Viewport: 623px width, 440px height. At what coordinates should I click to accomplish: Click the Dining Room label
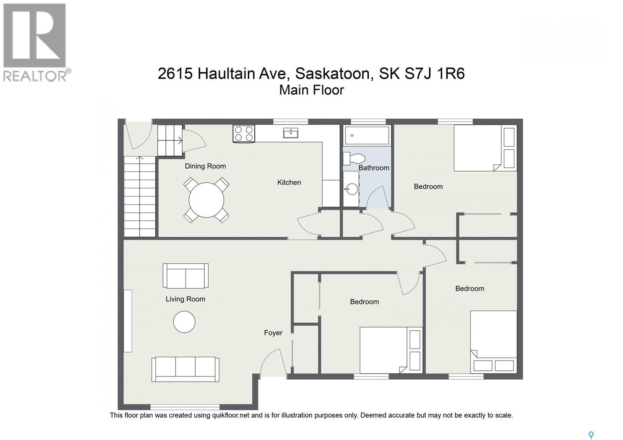(205, 166)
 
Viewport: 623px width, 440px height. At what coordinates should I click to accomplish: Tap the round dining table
(206, 200)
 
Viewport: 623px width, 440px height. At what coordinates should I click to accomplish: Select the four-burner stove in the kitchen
(244, 134)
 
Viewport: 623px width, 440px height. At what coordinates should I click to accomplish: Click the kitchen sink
(290, 133)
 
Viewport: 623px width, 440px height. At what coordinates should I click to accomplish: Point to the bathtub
(367, 136)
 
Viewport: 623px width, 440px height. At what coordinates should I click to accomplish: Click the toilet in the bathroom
(354, 158)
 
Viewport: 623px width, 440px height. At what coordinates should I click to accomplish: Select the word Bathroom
(373, 168)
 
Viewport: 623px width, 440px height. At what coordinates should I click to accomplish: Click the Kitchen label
(289, 183)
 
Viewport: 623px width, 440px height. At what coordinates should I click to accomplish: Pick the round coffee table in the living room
(184, 322)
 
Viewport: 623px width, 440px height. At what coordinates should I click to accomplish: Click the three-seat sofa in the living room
(185, 370)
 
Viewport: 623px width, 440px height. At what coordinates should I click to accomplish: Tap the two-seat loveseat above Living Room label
(185, 276)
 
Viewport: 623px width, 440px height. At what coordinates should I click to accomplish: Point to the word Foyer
(273, 333)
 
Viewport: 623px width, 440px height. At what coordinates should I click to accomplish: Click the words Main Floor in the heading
(311, 90)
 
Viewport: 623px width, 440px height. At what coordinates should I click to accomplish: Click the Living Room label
(185, 299)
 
